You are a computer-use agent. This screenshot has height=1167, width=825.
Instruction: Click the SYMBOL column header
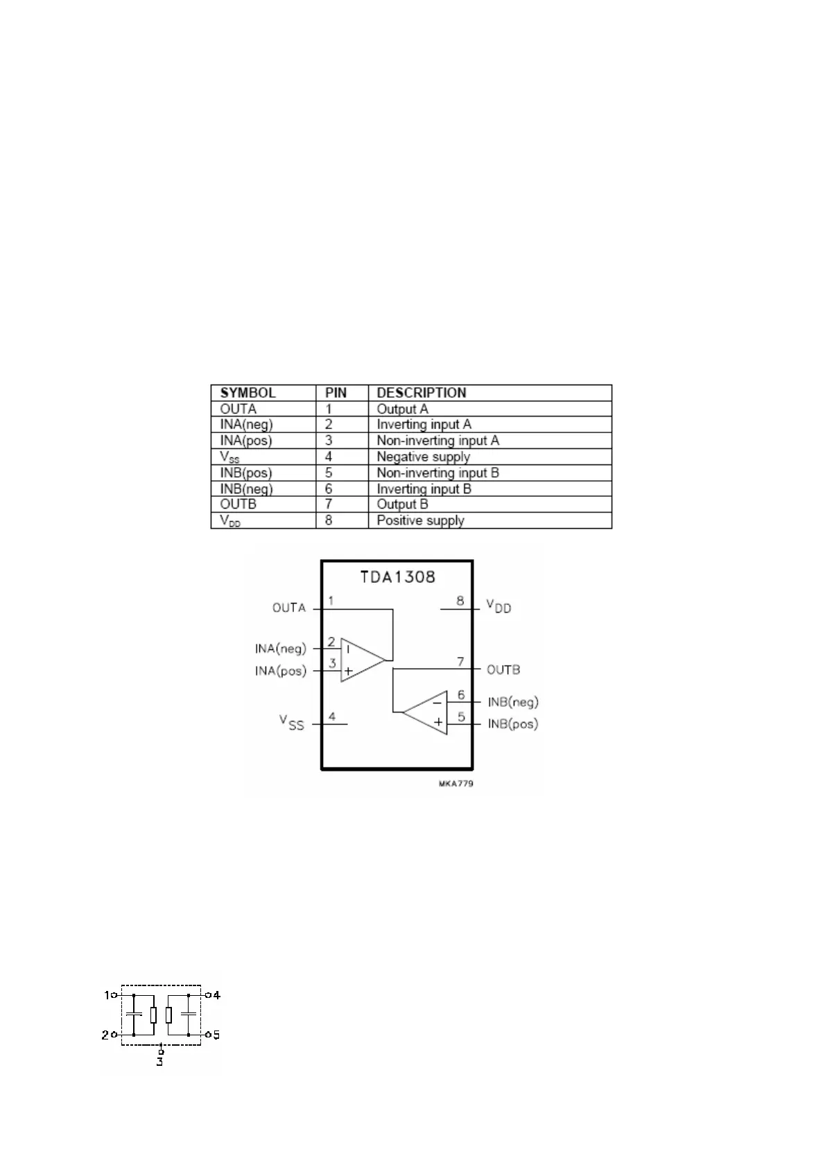tap(247, 393)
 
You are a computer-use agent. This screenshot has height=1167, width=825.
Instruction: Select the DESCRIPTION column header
tap(421, 393)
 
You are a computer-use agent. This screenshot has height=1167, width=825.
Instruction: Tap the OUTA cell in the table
tap(238, 409)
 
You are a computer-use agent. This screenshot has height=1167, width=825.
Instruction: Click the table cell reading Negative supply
tap(423, 457)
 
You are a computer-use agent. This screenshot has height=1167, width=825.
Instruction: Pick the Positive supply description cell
tap(420, 520)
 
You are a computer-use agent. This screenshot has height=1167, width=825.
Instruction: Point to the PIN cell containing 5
tap(329, 473)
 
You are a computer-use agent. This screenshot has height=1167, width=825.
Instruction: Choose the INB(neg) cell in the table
tap(246, 489)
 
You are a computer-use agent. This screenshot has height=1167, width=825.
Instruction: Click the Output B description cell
tap(402, 504)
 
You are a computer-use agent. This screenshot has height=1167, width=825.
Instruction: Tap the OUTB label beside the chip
tap(503, 670)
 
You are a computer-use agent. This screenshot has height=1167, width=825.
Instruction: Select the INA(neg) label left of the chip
tap(280, 649)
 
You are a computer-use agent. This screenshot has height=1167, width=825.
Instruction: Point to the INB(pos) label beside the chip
tap(513, 724)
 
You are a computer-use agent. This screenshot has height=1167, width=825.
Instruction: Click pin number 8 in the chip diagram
tap(460, 601)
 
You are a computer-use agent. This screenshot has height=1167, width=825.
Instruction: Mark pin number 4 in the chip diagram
tap(333, 716)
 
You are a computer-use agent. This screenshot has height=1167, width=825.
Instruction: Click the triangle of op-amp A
tap(359, 660)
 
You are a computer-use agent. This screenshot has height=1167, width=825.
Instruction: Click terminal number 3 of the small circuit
tap(159, 1062)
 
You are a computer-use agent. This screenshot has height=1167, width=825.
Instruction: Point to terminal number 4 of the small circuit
tap(216, 995)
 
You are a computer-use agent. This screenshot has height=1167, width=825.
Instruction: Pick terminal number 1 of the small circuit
tap(107, 995)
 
